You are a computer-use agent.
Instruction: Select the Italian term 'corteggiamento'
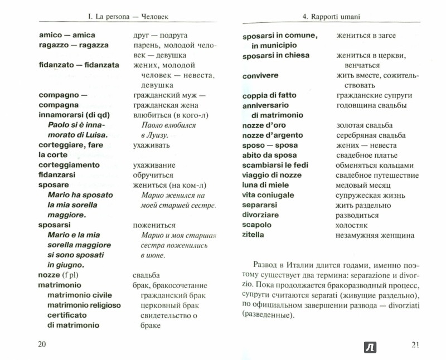(x=69, y=165)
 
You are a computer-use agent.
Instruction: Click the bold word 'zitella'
(x=254, y=235)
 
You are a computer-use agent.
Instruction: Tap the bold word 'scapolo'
(x=257, y=225)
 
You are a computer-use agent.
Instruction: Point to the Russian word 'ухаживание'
(x=154, y=166)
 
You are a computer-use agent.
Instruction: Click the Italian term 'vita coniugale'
(x=268, y=195)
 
